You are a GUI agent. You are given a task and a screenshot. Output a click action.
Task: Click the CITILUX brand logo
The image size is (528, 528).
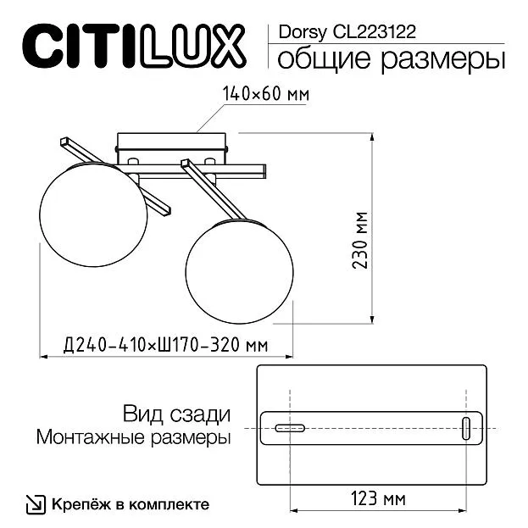[x=134, y=46]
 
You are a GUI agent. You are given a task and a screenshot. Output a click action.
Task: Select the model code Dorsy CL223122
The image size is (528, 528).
[x=347, y=32]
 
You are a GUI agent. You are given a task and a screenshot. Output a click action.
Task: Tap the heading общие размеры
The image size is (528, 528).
[x=392, y=59]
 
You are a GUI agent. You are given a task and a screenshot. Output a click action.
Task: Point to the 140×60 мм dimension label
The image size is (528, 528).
[x=265, y=94]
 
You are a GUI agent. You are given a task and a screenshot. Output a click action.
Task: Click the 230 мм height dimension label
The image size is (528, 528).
[x=359, y=240]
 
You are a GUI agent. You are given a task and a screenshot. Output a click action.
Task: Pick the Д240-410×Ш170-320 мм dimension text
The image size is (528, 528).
[x=165, y=345]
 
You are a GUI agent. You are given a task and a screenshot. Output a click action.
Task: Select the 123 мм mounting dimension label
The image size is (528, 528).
[x=378, y=499]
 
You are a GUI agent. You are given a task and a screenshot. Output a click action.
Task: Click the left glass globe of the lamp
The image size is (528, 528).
[x=93, y=214]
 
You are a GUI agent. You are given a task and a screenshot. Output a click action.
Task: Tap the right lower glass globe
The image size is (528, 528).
[x=239, y=271]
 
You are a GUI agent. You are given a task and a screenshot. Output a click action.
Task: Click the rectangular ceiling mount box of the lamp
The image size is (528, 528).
[x=171, y=147]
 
